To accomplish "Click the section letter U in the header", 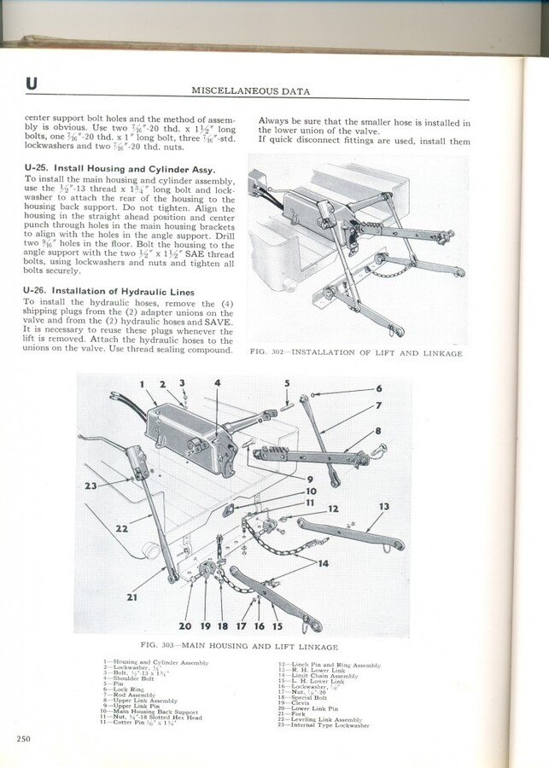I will [32, 83].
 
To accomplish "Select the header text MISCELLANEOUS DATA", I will [250, 90].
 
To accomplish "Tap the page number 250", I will [22, 738].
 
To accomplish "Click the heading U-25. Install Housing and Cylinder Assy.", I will [119, 169].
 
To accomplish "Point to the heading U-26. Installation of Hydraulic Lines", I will [108, 292].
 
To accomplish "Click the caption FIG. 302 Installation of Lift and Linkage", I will [355, 353].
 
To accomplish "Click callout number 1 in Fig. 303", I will [143, 385].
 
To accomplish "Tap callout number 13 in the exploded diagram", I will [384, 507].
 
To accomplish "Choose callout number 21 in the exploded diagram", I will [132, 597].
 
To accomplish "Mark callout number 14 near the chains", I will [324, 563].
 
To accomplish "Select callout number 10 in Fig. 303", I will [312, 492].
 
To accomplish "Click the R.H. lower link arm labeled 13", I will [350, 533].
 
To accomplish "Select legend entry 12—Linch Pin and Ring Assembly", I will [329, 664].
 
